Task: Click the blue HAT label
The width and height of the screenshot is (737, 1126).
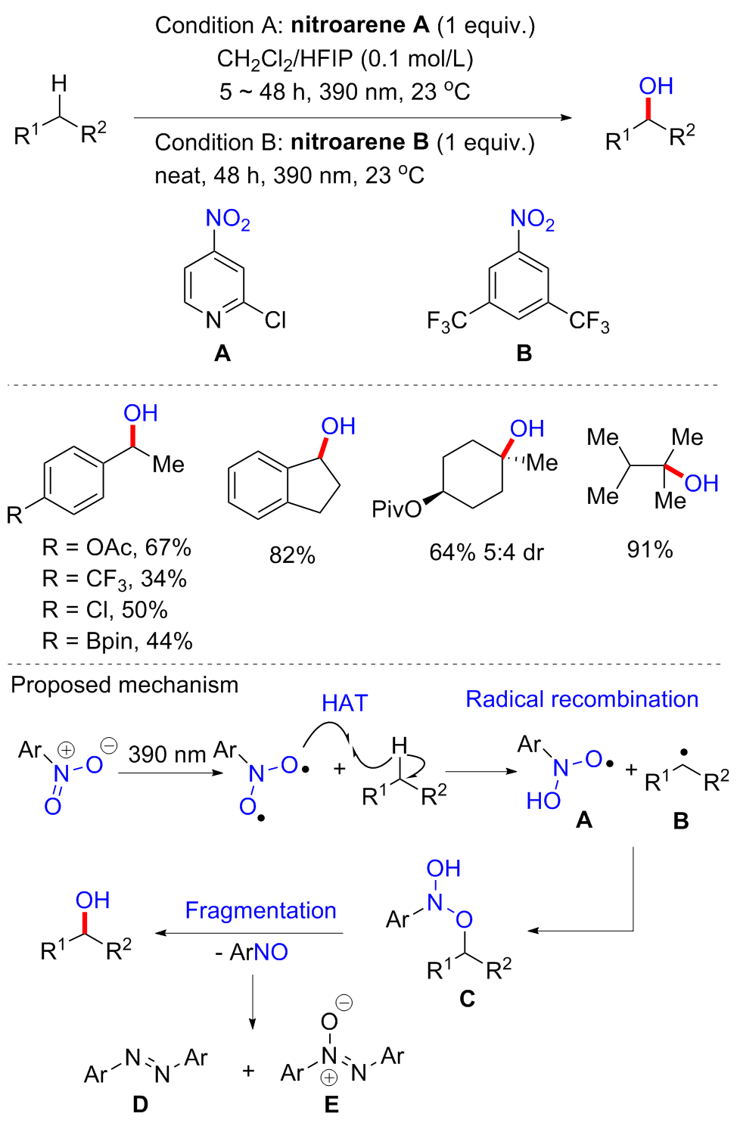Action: pyautogui.click(x=345, y=703)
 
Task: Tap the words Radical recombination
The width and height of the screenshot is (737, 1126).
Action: pyautogui.click(x=582, y=699)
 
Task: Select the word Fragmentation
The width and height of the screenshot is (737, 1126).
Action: pyautogui.click(x=260, y=910)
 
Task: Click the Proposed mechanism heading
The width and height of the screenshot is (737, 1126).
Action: pyautogui.click(x=125, y=685)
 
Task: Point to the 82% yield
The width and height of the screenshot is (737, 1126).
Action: pyautogui.click(x=292, y=555)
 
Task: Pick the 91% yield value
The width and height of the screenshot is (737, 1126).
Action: pyautogui.click(x=649, y=550)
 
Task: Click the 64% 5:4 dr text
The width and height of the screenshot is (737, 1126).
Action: pyautogui.click(x=486, y=552)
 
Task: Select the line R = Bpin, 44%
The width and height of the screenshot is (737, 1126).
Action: pyautogui.click(x=117, y=642)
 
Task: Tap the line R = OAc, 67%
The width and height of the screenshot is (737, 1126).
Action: pyautogui.click(x=117, y=547)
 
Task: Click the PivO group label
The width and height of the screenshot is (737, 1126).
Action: pyautogui.click(x=396, y=510)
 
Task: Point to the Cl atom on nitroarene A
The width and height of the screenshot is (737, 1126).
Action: pyautogui.click(x=275, y=319)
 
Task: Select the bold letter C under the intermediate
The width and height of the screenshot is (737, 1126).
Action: pyautogui.click(x=467, y=998)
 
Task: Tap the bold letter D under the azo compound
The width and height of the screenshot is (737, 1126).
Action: pyautogui.click(x=140, y=1104)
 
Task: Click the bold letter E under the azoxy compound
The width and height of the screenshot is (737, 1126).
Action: pyautogui.click(x=331, y=1104)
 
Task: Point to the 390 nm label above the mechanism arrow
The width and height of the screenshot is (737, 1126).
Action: pyautogui.click(x=166, y=754)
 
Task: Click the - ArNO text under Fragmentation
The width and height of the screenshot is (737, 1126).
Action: pyautogui.click(x=251, y=952)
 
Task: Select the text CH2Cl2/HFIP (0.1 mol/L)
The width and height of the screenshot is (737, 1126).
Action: pyautogui.click(x=345, y=60)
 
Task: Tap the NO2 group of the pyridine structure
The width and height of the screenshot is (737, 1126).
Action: pyautogui.click(x=228, y=219)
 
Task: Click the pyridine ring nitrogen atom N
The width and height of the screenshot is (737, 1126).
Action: pyautogui.click(x=213, y=319)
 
